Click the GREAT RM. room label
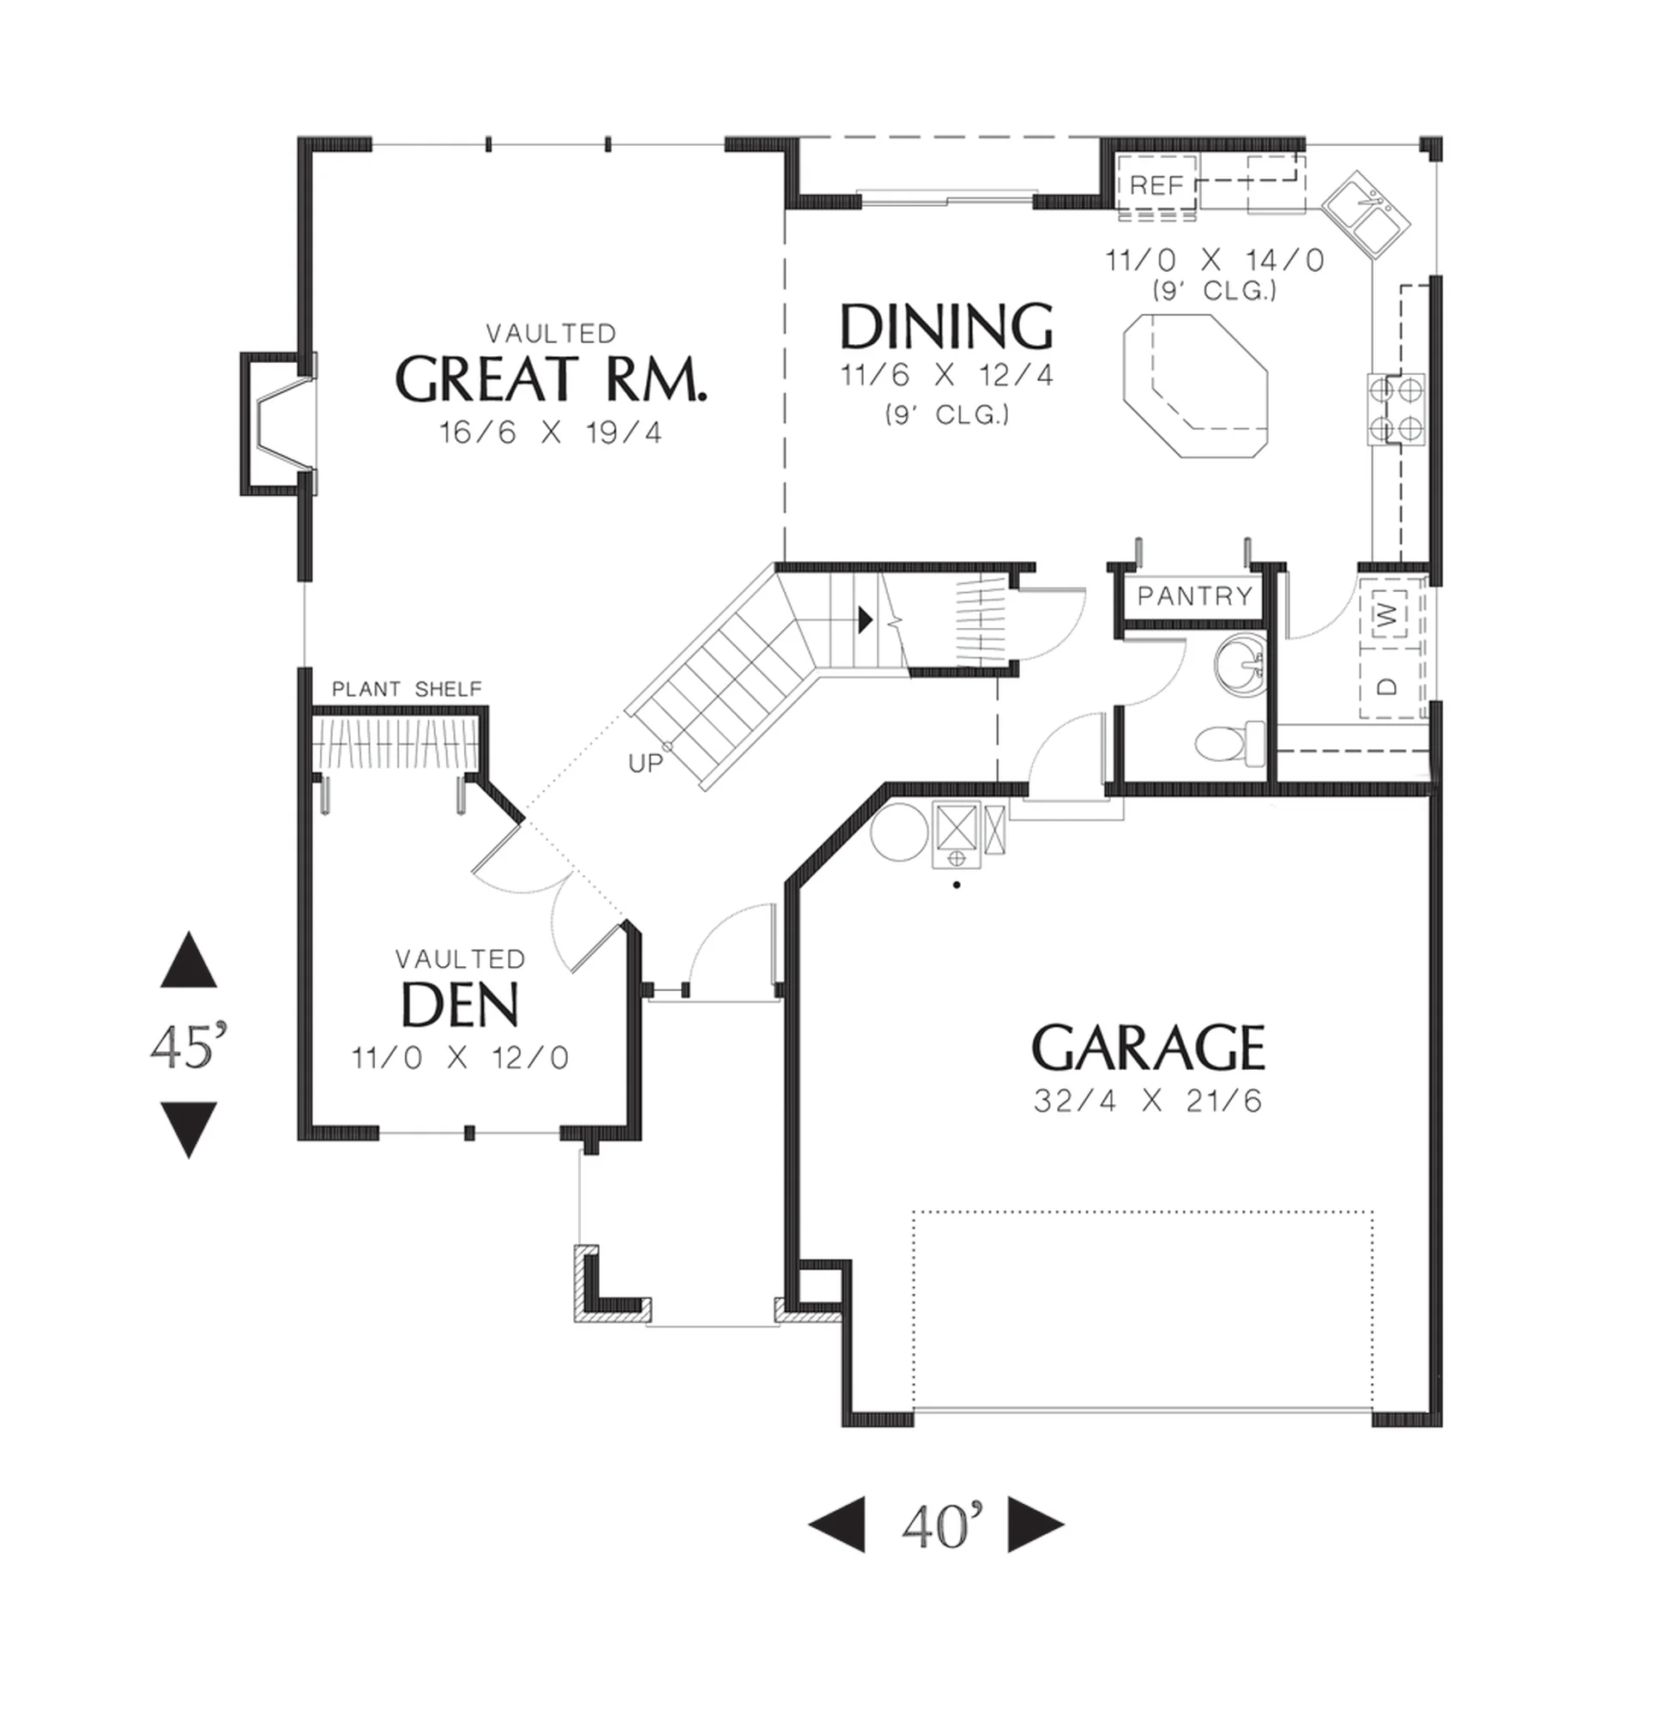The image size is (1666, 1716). pos(551,379)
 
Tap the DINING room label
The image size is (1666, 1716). pos(946,327)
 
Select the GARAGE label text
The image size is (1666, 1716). pos(1148,1048)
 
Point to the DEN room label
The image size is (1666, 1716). pos(460,1004)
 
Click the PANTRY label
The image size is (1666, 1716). pos(1195,596)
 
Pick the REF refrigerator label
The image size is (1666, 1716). pos(1156,184)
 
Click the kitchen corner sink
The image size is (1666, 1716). pos(1366,215)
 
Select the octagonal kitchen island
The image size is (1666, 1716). pos(1196,386)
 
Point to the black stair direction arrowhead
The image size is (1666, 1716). pos(865,619)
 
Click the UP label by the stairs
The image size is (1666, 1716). pos(645,764)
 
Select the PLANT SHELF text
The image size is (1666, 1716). pos(407,689)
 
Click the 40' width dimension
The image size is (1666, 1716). pos(935,1526)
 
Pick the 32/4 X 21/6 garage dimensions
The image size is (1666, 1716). pos(1148,1100)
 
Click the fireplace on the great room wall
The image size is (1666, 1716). pos(279,424)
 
